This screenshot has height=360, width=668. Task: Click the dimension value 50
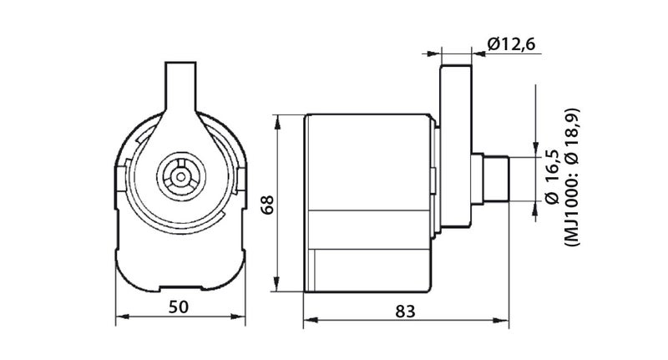point(178,307)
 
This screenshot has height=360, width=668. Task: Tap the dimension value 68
point(267,205)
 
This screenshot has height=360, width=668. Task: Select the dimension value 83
point(405,312)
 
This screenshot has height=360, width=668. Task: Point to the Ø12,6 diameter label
point(511,44)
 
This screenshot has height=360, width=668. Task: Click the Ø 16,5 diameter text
point(552,176)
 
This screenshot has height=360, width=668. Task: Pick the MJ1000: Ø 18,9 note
point(572,177)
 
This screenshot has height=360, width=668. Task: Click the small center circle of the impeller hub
point(181,176)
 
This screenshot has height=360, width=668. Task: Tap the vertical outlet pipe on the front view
point(180,88)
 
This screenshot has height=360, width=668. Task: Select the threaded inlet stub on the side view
point(495,180)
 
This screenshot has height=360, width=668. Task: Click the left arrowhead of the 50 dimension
point(123,317)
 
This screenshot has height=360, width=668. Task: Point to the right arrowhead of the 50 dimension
point(239,317)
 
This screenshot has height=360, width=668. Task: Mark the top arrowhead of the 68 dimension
point(277,122)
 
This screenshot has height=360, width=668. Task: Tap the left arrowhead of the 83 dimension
point(311,321)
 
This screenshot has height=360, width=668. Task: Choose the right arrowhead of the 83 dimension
point(503,321)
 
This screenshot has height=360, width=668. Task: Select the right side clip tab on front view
point(241,179)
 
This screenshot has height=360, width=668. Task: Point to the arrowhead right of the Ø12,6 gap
point(478,53)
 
